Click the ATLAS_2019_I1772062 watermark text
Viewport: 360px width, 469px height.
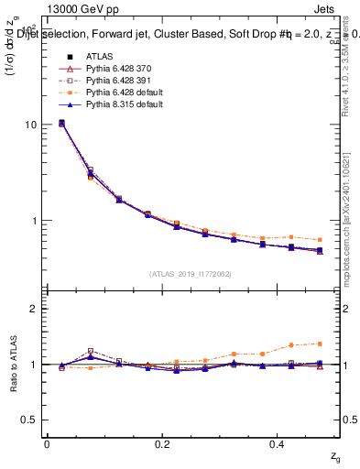click(190, 273)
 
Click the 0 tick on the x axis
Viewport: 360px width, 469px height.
click(47, 443)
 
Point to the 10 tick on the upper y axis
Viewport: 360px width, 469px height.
click(30, 125)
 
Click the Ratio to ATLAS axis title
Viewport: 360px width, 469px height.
click(13, 364)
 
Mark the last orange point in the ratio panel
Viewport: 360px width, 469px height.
click(319, 344)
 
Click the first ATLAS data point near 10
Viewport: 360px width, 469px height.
click(61, 123)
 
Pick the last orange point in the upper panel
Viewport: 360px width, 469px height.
click(319, 239)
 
